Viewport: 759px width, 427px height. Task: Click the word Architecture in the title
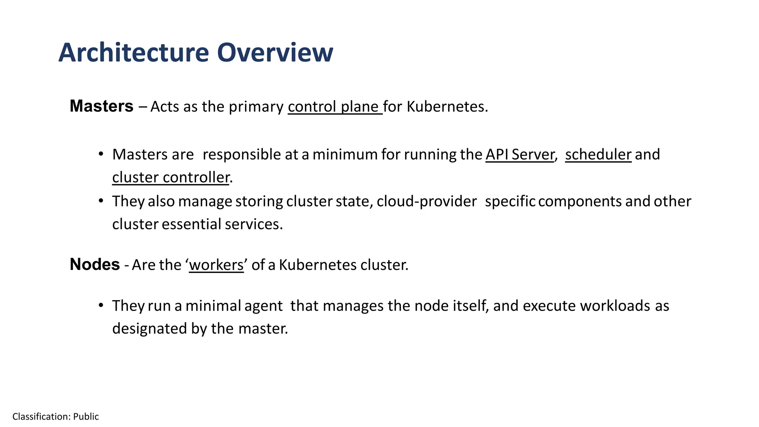(134, 53)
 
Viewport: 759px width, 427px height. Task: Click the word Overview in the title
(275, 53)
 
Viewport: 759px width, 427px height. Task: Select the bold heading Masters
(101, 106)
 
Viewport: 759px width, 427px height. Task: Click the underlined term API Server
(520, 155)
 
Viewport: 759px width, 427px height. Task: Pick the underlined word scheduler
(598, 155)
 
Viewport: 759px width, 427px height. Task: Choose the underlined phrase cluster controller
(171, 178)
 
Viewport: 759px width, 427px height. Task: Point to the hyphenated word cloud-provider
(427, 201)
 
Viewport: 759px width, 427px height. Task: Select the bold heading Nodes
(95, 265)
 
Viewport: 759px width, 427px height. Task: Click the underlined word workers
(216, 265)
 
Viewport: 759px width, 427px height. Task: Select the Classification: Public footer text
(56, 417)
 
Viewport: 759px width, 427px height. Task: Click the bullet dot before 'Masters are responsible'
(101, 154)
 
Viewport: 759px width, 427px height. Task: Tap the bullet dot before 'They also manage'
(101, 201)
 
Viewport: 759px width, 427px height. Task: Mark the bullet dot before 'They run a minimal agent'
(101, 305)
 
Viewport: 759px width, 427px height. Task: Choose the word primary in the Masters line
(256, 107)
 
